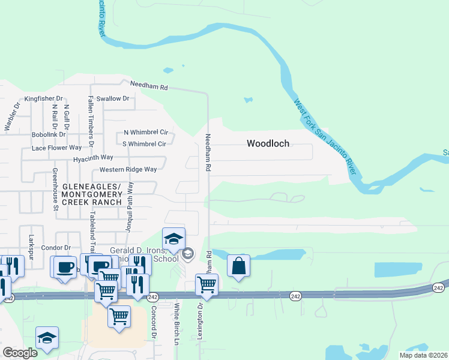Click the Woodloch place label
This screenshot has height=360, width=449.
pyautogui.click(x=268, y=143)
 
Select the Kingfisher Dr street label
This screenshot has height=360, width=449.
pyautogui.click(x=43, y=98)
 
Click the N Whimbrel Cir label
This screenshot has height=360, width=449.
pyautogui.click(x=145, y=132)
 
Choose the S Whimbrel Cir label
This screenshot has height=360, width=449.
pyautogui.click(x=144, y=144)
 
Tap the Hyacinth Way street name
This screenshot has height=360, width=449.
pyautogui.click(x=93, y=157)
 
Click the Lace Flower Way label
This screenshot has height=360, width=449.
pyautogui.click(x=56, y=148)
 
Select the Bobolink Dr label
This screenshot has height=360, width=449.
pyautogui.click(x=49, y=134)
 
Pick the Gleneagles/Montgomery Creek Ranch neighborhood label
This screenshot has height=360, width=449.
pyautogui.click(x=91, y=195)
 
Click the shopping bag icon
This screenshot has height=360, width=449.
pyautogui.click(x=238, y=265)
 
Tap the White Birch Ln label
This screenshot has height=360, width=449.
pyautogui.click(x=177, y=325)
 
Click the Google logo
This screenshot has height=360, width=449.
pyautogui.click(x=20, y=353)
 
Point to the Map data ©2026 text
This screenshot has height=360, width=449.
pyautogui.click(x=423, y=355)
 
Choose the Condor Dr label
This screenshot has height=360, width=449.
pyautogui.click(x=56, y=248)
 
